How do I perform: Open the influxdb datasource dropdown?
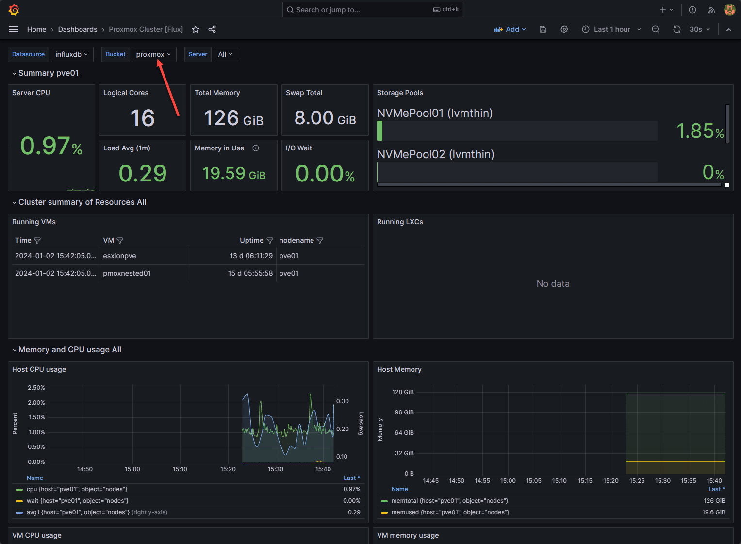[71, 54]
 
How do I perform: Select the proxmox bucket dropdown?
[153, 54]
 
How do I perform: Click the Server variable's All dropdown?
[225, 54]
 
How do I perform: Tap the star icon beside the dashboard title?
[196, 29]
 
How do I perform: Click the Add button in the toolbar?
[510, 29]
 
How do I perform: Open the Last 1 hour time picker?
[611, 29]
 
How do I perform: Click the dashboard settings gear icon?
[564, 29]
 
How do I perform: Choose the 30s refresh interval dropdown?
[699, 29]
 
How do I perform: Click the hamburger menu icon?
[14, 29]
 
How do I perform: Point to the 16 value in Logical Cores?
[142, 118]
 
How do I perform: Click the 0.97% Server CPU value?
[51, 146]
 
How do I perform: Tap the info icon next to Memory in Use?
[256, 148]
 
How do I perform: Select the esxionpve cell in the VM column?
[119, 256]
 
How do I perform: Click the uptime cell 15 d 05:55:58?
[250, 273]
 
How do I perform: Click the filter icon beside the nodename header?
[320, 241]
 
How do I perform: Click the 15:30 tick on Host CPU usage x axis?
[276, 469]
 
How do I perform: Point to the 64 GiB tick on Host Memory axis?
[404, 433]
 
